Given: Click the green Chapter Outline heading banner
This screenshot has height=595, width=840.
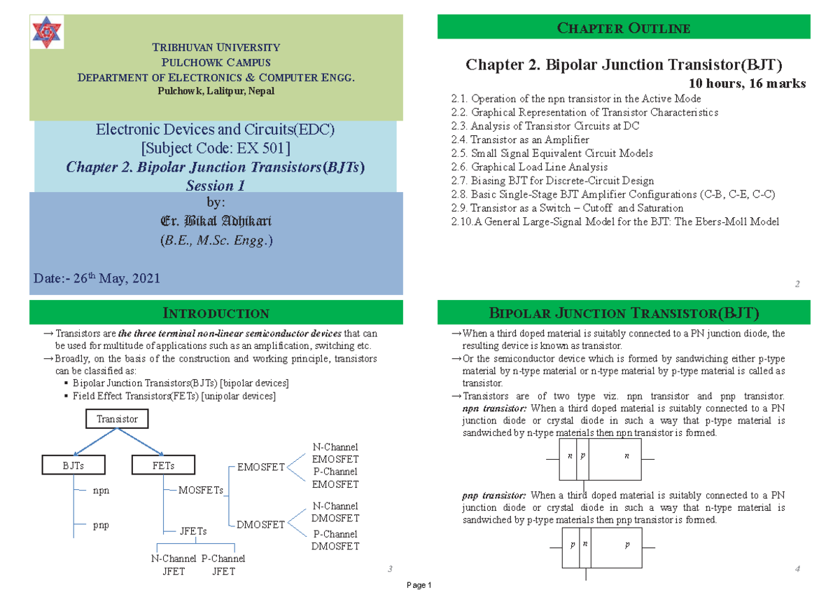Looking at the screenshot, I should [624, 28].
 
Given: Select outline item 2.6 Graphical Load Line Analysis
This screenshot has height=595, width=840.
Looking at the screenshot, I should [530, 167].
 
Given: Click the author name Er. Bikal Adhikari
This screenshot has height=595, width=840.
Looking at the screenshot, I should [216, 221].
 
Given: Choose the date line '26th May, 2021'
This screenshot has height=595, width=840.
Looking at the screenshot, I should [97, 278].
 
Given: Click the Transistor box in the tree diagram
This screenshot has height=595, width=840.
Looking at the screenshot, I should [117, 419].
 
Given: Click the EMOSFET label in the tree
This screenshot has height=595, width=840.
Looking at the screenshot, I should [261, 467].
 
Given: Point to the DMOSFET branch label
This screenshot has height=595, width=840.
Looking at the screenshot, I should [260, 524].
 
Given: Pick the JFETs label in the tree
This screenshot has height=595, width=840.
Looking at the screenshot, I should [193, 531].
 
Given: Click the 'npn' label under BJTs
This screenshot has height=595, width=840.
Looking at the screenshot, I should [101, 491].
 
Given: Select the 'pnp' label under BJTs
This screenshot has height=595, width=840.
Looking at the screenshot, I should [101, 524].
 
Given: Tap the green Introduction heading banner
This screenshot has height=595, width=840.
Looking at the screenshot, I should [216, 313].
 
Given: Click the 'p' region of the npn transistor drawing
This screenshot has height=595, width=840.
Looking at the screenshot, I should [582, 456].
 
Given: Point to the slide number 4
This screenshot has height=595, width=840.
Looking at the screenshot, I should [797, 568].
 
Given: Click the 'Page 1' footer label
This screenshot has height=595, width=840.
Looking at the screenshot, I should [420, 585].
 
